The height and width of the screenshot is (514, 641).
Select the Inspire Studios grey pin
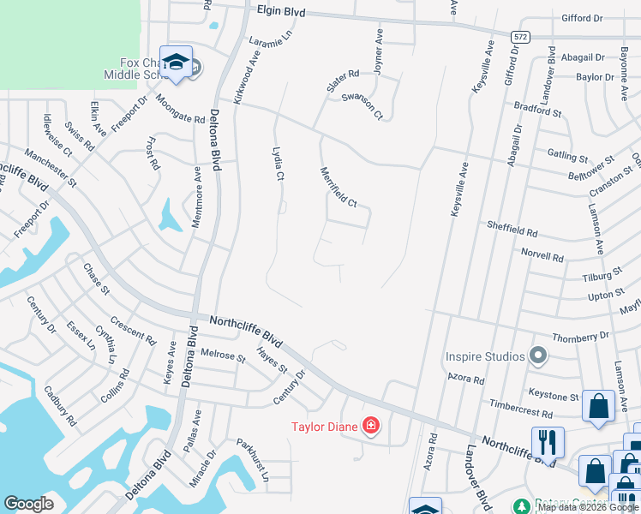coord(538,355)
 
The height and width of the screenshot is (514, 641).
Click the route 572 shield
coord(520,37)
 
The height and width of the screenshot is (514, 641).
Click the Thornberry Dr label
coord(580,338)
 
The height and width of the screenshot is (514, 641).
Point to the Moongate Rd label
coord(180,109)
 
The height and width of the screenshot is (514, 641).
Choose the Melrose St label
coord(223,354)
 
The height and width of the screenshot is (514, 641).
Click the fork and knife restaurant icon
coord(548,441)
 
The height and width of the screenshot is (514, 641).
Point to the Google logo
coord(28,504)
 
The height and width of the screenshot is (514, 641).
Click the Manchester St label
coord(51,168)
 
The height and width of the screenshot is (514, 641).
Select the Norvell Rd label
coord(543,256)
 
